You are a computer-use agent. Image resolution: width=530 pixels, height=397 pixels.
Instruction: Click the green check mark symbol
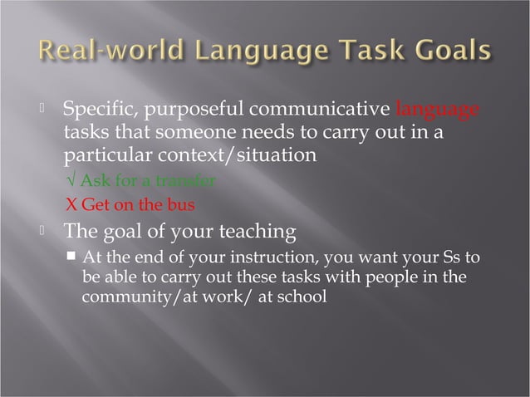(69, 181)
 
